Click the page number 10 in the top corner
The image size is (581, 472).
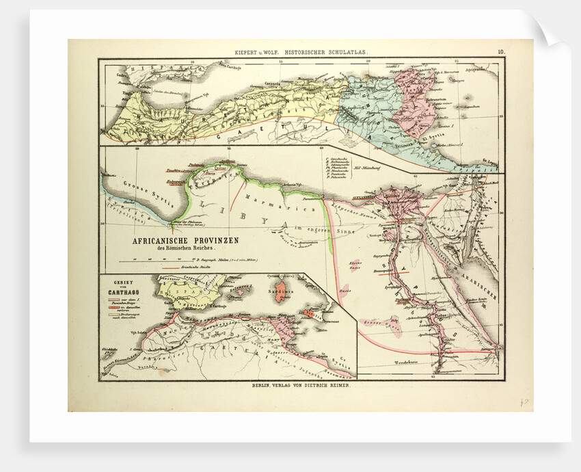point(501,51)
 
